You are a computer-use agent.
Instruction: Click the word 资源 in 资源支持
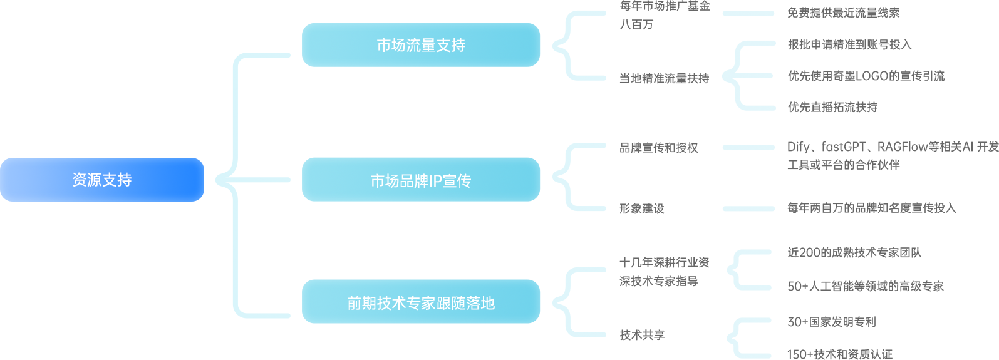tap(86, 180)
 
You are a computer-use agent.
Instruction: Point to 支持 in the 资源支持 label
tap(117, 180)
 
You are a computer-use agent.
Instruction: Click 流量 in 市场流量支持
tap(421, 45)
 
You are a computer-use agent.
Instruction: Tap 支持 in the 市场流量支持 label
tap(451, 45)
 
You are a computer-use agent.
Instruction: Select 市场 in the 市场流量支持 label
tap(391, 45)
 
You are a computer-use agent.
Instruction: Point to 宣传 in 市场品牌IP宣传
tap(457, 181)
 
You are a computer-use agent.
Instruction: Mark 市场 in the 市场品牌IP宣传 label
tap(385, 181)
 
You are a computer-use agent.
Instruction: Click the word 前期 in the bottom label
tap(362, 303)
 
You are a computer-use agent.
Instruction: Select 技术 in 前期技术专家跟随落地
tap(391, 303)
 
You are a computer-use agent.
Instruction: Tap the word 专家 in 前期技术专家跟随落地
tap(421, 303)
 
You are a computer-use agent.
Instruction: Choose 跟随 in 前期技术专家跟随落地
tap(451, 303)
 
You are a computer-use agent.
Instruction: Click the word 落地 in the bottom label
tap(480, 303)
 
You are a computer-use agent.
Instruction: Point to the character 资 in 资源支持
tap(80, 180)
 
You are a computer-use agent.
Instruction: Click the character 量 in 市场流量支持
tap(428, 45)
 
